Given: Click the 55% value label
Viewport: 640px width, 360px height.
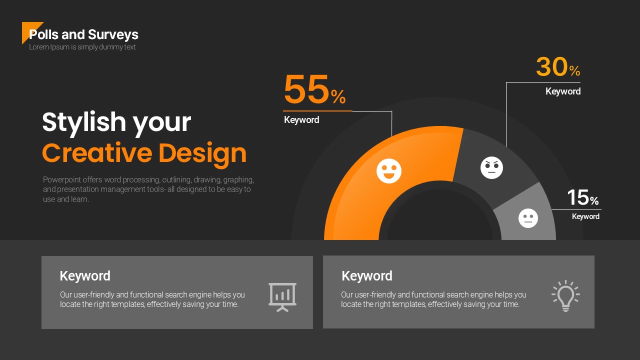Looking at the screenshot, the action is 314,89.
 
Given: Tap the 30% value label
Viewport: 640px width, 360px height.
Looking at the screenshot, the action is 558,67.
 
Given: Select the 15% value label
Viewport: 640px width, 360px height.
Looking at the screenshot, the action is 583,197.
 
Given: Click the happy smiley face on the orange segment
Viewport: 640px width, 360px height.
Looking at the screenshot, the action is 389,171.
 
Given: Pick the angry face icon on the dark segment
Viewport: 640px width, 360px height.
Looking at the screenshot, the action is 491,167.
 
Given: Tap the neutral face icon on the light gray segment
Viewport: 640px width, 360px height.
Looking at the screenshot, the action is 528,218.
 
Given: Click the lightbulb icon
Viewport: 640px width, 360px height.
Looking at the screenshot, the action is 565,295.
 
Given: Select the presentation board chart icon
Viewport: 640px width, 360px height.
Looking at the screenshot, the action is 282,297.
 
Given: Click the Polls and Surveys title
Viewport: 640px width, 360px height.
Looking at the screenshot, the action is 83,34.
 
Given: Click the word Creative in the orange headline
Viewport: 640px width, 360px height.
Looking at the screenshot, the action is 97,153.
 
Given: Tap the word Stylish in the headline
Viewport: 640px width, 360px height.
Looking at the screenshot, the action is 84,123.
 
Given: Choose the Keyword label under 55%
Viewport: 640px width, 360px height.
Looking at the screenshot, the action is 301,120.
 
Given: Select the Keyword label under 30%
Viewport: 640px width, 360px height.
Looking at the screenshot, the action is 563,91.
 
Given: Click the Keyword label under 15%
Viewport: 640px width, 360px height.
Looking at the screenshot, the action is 585,216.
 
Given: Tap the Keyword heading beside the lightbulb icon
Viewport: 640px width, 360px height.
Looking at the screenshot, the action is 367,276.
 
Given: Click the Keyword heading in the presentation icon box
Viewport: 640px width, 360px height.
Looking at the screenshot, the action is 85,276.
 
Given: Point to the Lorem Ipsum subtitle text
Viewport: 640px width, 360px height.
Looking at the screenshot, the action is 82,47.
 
